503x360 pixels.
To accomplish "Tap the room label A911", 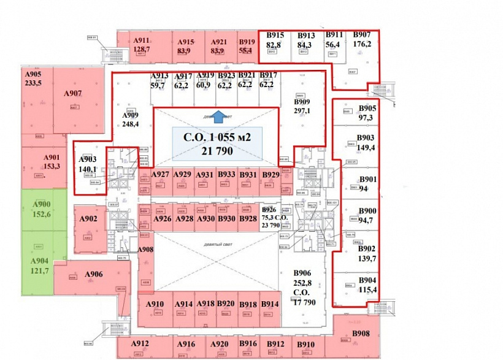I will [142, 39].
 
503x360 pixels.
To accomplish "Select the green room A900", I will [42, 204].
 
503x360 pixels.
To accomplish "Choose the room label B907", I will [362, 34].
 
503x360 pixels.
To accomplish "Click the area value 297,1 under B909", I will [302, 111].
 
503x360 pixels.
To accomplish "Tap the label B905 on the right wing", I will [368, 109].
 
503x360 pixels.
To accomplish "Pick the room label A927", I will [160, 175].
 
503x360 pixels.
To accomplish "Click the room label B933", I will [226, 175].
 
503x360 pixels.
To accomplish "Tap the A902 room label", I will [88, 219].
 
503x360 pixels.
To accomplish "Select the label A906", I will [93, 274].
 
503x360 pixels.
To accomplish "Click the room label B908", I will [361, 333].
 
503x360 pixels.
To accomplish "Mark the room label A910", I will [155, 304].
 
